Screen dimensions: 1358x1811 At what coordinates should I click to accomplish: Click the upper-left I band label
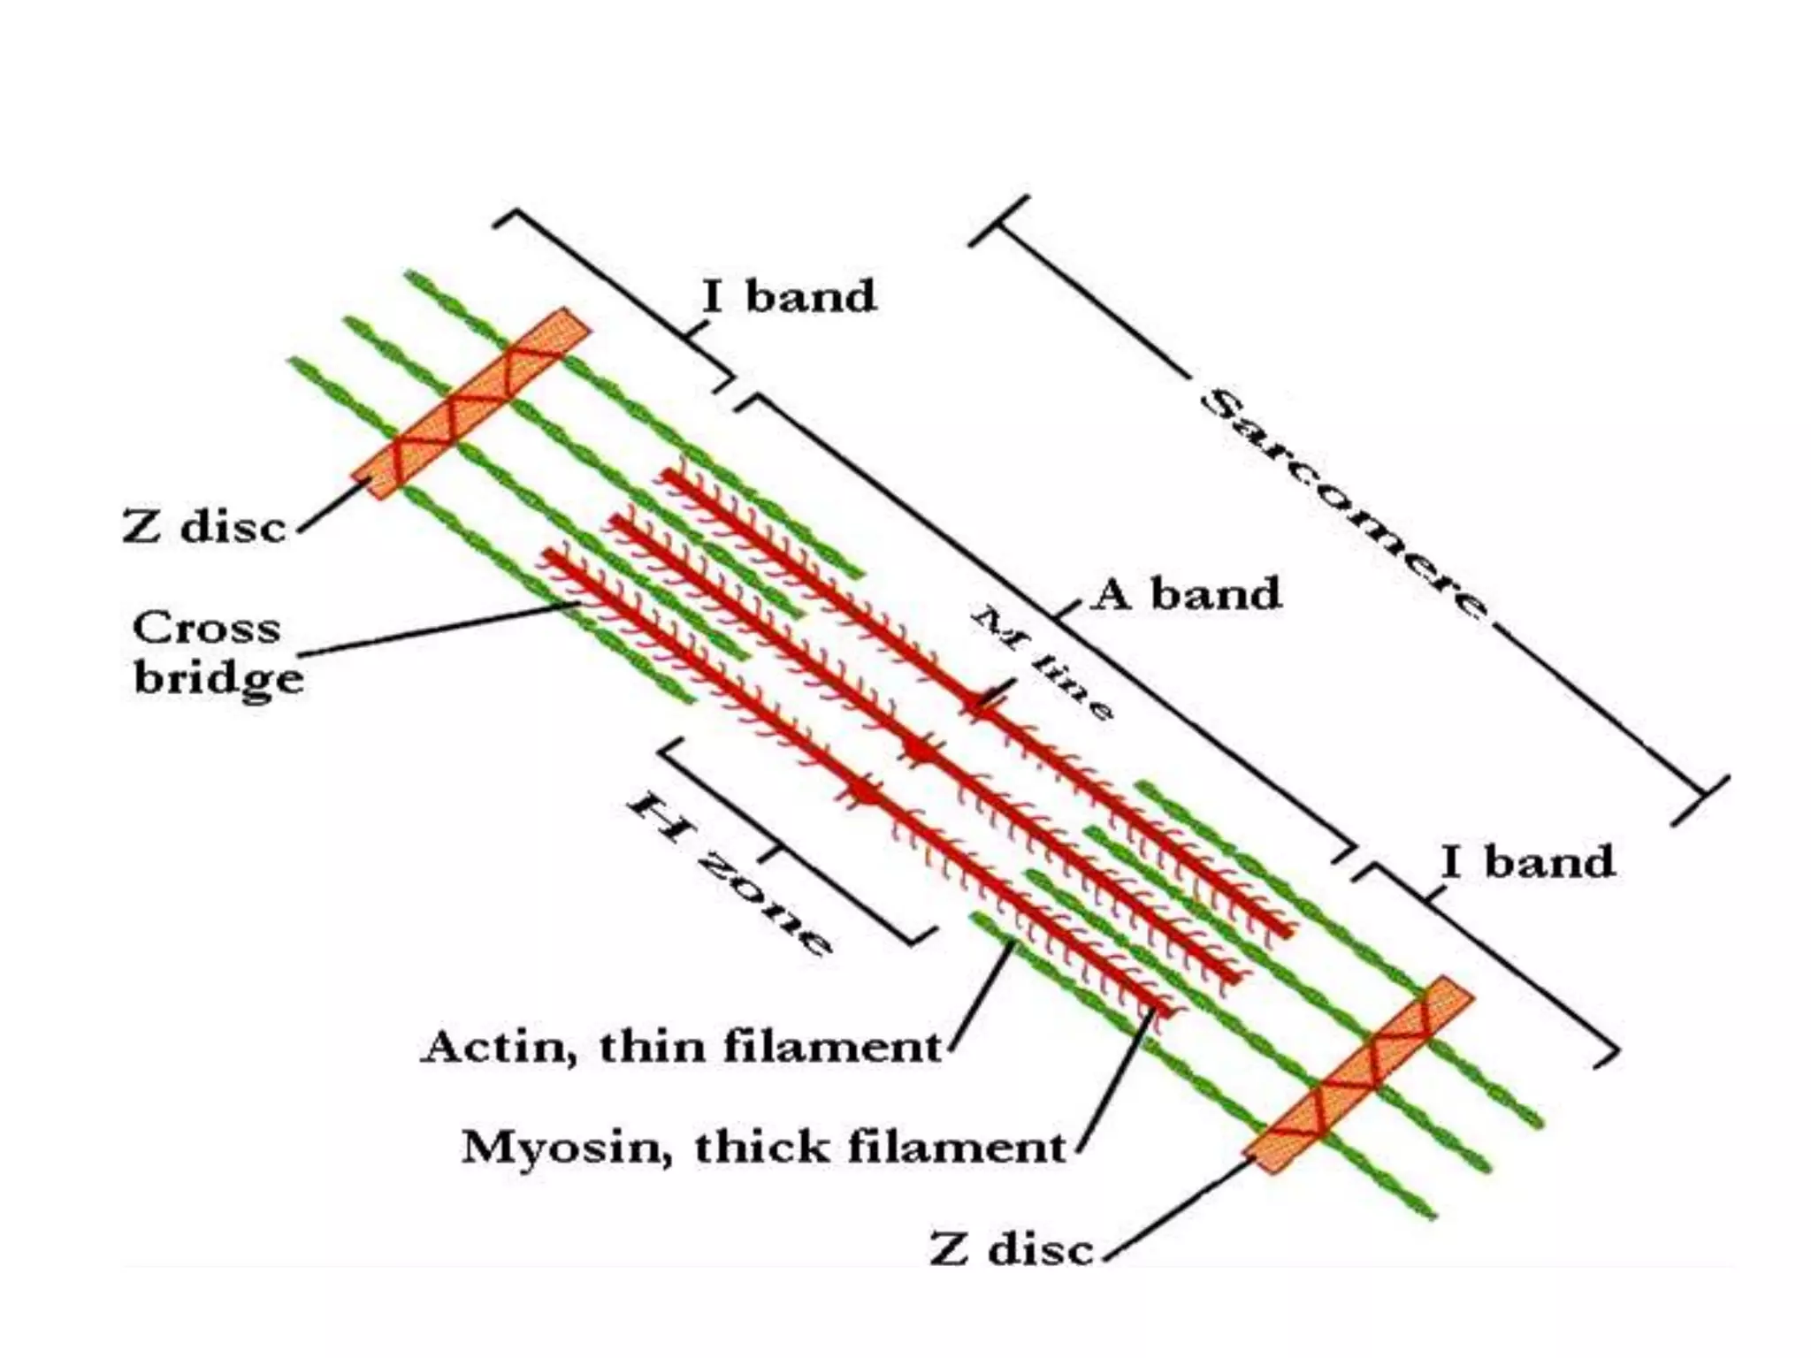point(789,296)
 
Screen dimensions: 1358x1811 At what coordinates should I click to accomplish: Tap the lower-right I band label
point(1527,861)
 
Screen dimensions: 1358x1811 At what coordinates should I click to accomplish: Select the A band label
point(1188,594)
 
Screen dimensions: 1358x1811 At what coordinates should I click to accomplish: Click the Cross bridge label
point(218,654)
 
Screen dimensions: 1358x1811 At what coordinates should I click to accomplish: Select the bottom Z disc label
point(1012,1250)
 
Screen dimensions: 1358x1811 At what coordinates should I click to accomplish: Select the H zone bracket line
point(787,840)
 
